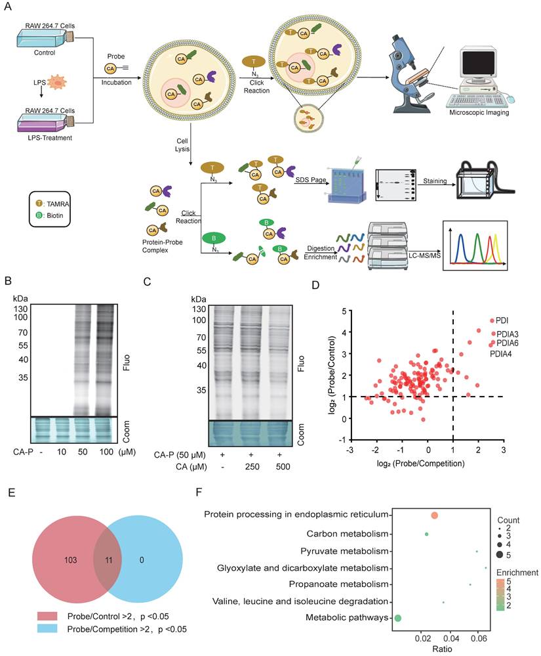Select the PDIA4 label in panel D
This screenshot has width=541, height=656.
502,354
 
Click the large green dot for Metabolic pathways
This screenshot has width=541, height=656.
397,617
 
